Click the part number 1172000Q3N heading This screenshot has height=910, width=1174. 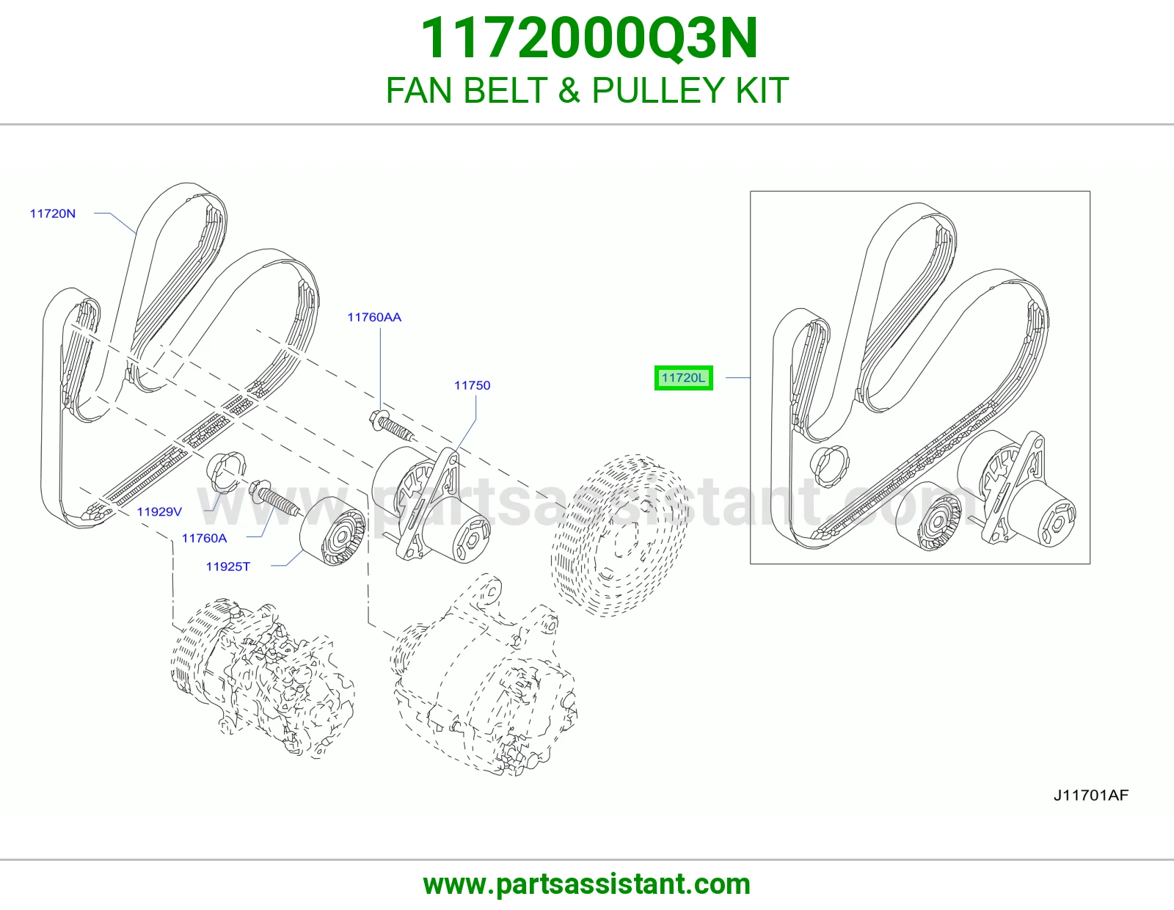(x=588, y=38)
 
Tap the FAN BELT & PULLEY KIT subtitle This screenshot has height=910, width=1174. (x=587, y=90)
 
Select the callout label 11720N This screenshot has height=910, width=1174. (x=52, y=214)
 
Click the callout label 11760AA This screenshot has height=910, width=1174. (x=374, y=317)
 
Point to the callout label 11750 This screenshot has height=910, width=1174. (x=473, y=385)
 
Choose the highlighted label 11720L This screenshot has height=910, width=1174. (x=683, y=378)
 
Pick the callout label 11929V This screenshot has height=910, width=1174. (x=159, y=512)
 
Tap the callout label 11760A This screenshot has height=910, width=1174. (x=204, y=538)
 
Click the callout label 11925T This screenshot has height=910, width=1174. (x=228, y=567)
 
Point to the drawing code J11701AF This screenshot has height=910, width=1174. (x=1091, y=795)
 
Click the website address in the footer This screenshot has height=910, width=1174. (x=587, y=884)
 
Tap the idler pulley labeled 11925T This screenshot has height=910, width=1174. (x=333, y=531)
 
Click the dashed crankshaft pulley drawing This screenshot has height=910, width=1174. (x=620, y=535)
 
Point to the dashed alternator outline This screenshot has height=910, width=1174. (x=484, y=675)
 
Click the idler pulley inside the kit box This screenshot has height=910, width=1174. (x=929, y=515)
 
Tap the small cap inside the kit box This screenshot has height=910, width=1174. (x=829, y=466)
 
